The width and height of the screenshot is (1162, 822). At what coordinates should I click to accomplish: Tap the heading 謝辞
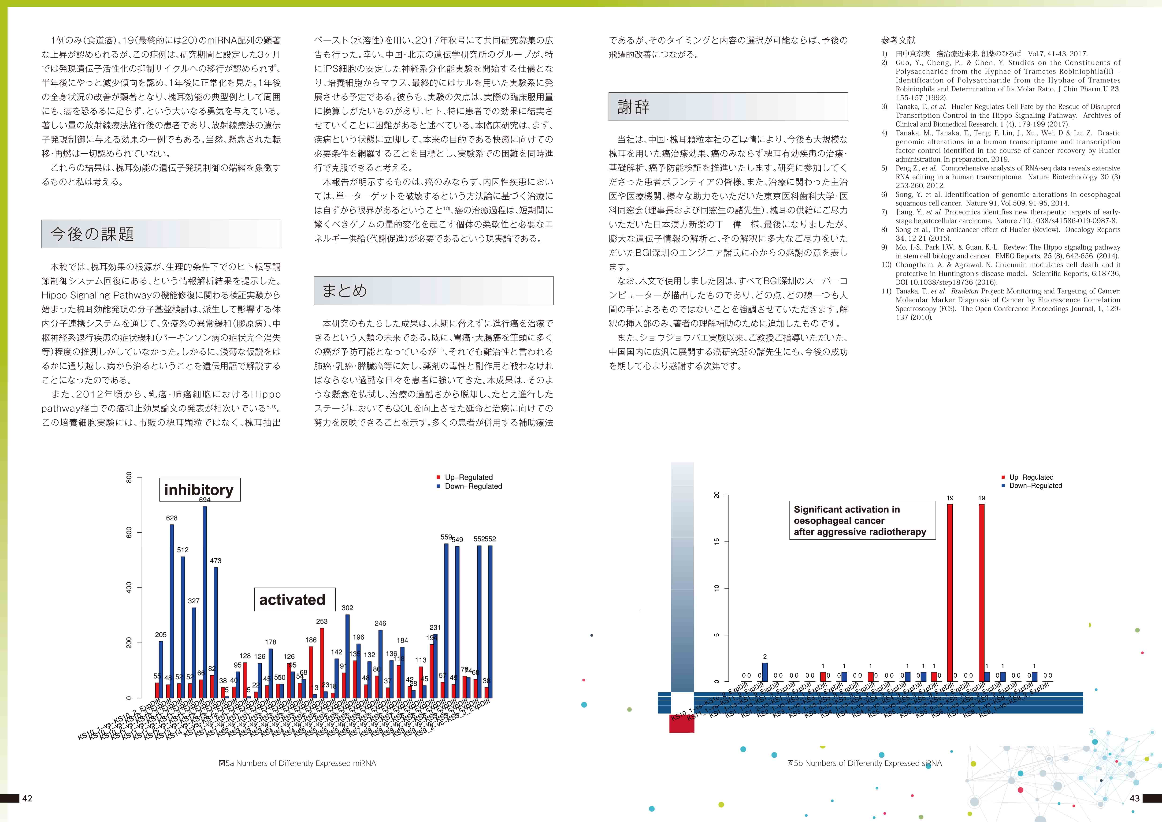pos(634,106)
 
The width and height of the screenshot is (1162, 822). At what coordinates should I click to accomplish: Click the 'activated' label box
pos(293,600)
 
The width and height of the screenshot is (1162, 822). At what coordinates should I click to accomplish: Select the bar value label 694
pos(204,500)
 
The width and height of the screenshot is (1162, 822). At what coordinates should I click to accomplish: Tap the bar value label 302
pos(347,608)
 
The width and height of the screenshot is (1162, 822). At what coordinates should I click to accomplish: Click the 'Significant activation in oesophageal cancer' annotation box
pos(862,520)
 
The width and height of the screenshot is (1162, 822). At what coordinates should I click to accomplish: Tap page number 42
pos(27,798)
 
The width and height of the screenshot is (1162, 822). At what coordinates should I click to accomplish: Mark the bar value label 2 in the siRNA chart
pos(765,657)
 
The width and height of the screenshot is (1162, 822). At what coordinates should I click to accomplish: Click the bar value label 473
pos(215,561)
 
